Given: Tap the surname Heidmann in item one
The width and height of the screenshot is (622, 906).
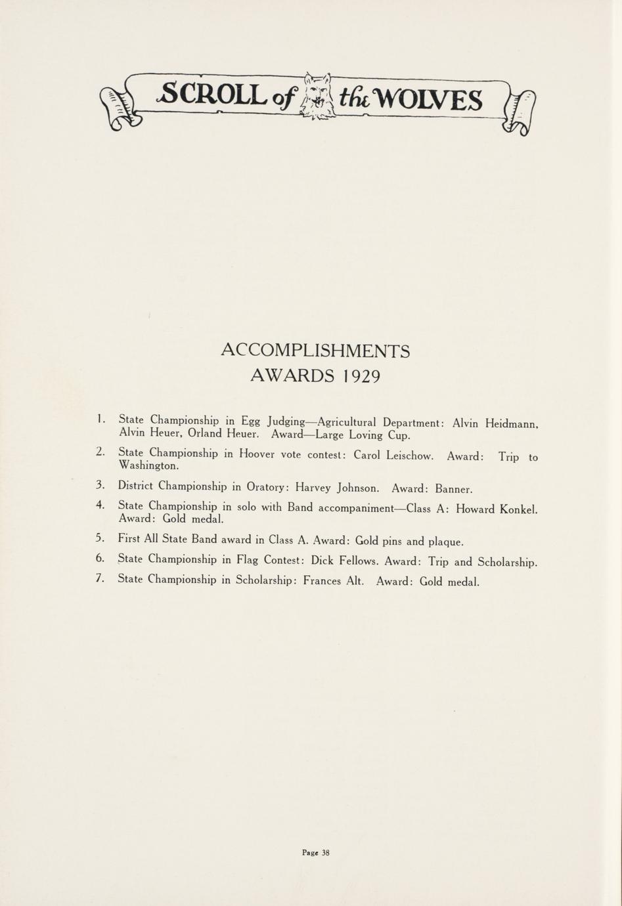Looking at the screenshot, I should (x=511, y=424).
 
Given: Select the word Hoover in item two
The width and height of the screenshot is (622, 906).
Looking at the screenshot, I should (x=259, y=453).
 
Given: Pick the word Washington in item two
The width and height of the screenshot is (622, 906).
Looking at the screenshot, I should (x=148, y=465).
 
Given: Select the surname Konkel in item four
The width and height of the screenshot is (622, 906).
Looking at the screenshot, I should (x=518, y=509).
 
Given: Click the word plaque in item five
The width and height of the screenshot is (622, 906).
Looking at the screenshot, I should (x=445, y=542).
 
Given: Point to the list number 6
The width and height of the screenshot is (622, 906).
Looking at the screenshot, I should (x=100, y=559).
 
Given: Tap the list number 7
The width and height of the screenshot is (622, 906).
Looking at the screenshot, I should (x=100, y=578).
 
